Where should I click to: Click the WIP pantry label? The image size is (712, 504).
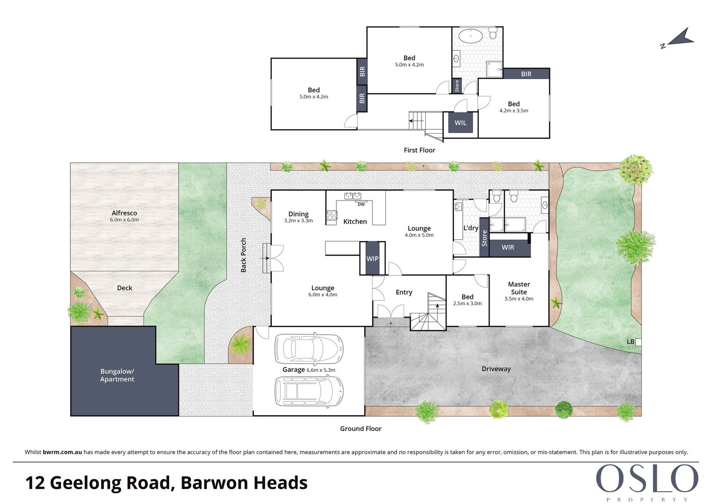(372, 258)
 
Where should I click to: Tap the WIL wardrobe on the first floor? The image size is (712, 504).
(460, 123)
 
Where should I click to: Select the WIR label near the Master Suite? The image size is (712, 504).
(508, 247)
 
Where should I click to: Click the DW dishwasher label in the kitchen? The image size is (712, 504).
(361, 205)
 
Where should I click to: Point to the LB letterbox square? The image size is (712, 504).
(638, 342)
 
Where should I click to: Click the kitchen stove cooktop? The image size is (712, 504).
(332, 216)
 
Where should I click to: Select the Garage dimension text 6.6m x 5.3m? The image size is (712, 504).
(321, 370)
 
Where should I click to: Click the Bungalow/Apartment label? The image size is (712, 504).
(117, 375)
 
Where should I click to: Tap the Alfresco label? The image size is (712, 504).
(124, 213)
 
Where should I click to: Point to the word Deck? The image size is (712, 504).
(125, 288)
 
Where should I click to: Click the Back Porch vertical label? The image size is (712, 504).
(243, 255)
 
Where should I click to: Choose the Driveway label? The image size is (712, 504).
(496, 369)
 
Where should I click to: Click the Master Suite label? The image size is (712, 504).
(519, 288)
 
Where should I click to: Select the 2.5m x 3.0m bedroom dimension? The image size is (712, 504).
(467, 303)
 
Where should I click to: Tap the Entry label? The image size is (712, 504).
(404, 292)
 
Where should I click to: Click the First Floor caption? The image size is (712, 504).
(420, 150)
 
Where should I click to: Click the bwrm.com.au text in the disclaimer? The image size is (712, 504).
(62, 452)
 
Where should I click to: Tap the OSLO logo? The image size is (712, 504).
(647, 479)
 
